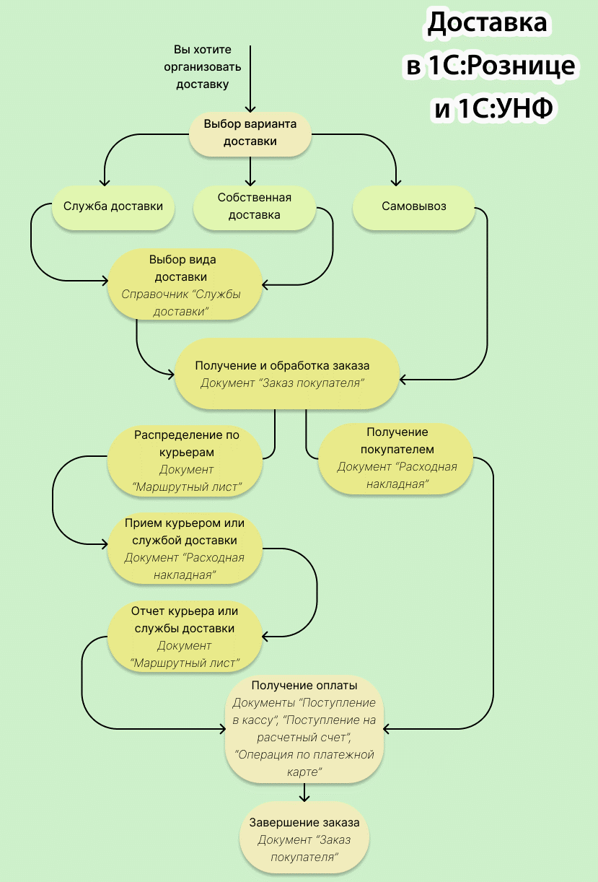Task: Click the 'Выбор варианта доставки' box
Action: coord(250,133)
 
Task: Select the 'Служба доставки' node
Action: coord(113,206)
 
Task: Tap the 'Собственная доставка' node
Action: coord(254,206)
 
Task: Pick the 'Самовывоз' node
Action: coord(413,206)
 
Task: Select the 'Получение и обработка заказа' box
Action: coord(286,374)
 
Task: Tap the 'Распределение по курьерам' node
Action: coord(186,461)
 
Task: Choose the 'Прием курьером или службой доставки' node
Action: coord(185,549)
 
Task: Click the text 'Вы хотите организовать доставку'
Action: coord(202,67)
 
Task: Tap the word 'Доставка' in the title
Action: coord(488,24)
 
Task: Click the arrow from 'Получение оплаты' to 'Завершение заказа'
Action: coord(304,793)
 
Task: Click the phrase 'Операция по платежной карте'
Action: coord(304,763)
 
